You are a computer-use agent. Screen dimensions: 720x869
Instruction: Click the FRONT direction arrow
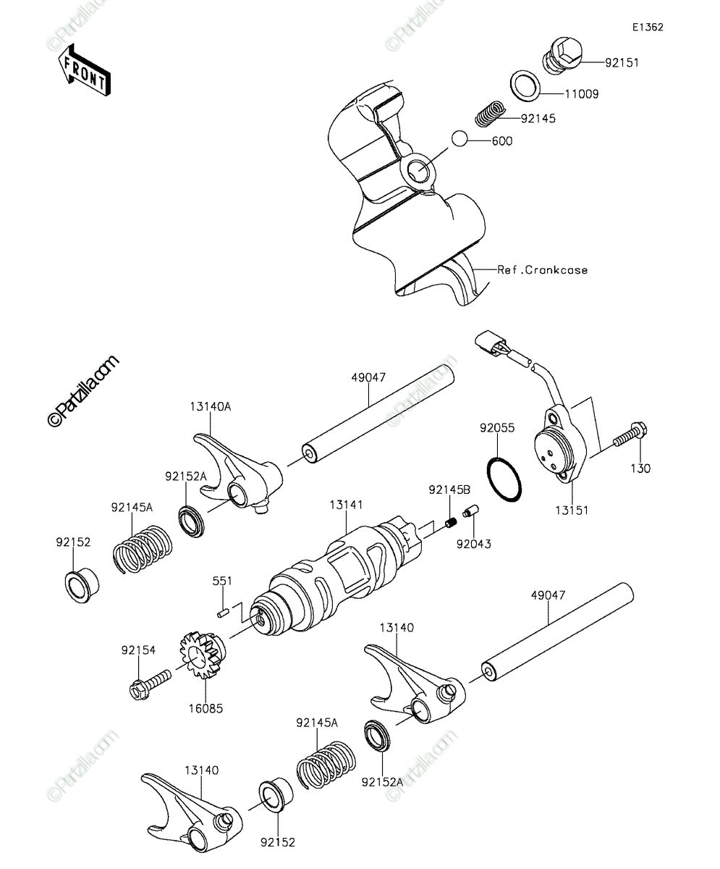coord(84,70)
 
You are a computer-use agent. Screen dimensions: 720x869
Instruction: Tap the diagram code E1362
coord(648,28)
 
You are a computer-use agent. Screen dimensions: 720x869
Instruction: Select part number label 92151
coord(622,62)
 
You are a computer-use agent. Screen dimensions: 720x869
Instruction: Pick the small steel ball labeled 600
coord(460,139)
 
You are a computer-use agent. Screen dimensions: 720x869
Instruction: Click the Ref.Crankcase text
coord(543,270)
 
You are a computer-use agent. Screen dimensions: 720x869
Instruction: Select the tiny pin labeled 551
coord(224,613)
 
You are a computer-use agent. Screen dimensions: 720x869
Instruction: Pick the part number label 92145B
coord(449,490)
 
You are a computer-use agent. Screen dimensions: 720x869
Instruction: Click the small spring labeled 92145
coord(491,113)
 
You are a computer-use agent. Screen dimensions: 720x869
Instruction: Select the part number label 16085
coord(206,708)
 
